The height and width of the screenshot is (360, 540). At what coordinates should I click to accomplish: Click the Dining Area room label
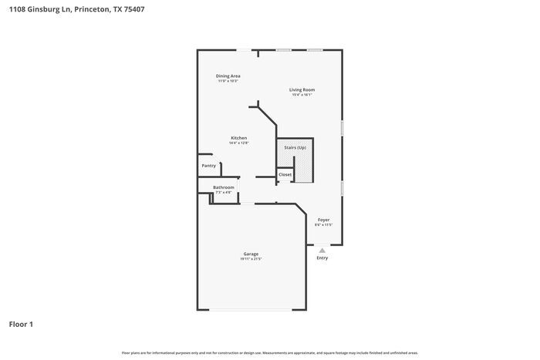pos(228,76)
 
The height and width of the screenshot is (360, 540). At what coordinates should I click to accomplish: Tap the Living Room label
pos(302,89)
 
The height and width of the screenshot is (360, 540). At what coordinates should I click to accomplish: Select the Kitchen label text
pos(238,138)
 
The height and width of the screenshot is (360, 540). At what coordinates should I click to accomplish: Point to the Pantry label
pos(209,166)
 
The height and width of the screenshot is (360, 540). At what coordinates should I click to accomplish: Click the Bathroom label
pos(224,187)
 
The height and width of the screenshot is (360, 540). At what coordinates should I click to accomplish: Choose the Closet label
pos(285,175)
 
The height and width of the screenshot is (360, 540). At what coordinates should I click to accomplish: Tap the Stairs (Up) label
pos(295,146)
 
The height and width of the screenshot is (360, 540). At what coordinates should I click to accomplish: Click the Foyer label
pos(323,220)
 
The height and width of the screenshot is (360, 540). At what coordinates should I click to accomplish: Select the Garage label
pos(251,254)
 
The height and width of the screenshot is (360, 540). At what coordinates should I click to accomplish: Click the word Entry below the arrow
pos(322,257)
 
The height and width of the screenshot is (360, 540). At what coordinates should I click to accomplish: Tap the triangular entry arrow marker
pos(322,249)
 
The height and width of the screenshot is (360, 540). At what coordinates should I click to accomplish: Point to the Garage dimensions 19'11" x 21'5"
pos(251,259)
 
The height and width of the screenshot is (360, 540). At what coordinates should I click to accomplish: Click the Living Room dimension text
pos(302,95)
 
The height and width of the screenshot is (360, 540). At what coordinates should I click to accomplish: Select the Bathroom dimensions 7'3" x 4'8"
pos(224,193)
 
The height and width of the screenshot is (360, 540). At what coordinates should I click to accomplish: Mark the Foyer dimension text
pos(323,225)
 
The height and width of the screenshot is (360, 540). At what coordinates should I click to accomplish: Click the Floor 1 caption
pos(21,324)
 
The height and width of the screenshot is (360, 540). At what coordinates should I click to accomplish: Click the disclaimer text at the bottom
pos(269,352)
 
